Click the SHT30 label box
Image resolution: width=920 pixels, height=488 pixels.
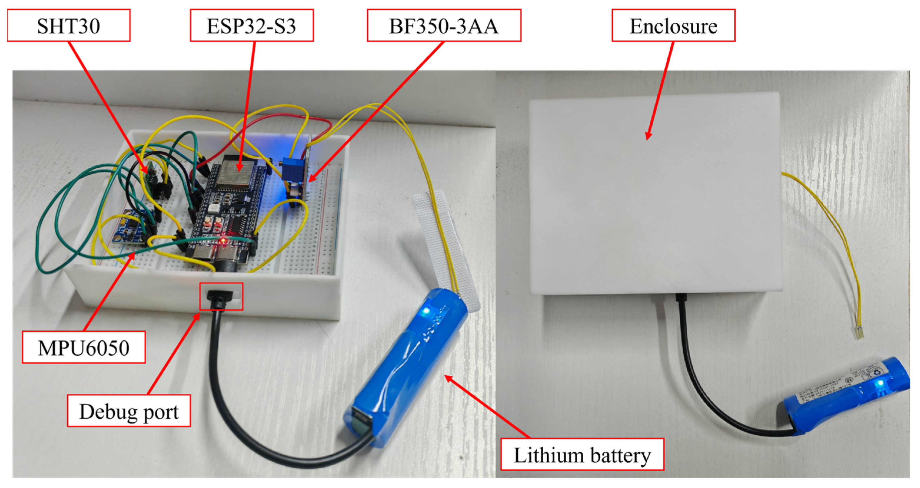click(69, 26)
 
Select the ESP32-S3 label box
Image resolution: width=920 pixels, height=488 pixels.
click(251, 26)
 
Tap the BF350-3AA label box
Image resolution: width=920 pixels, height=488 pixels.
click(444, 26)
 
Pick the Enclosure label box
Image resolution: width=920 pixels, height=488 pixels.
click(673, 26)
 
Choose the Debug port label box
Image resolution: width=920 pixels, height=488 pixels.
click(129, 411)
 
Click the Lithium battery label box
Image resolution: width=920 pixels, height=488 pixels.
click(582, 454)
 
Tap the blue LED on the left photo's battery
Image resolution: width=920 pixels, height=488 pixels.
click(426, 310)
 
